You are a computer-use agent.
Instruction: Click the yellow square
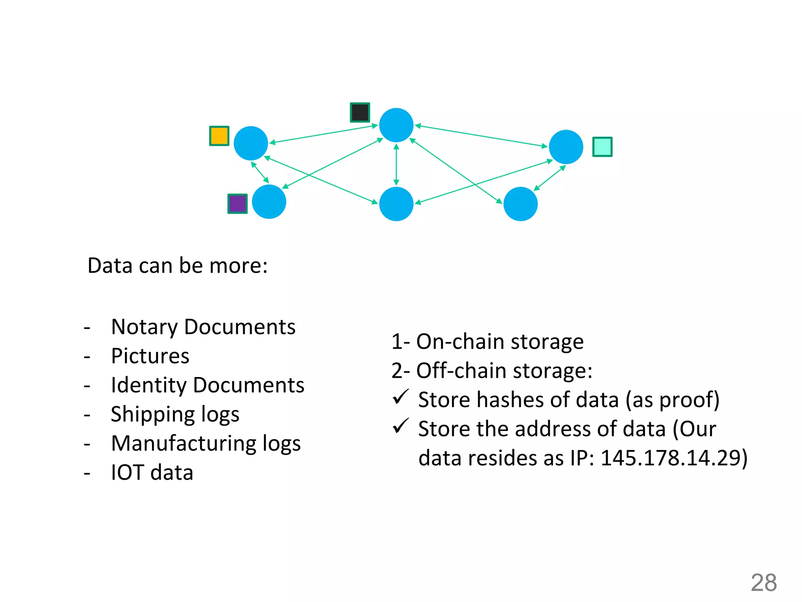coord(219,136)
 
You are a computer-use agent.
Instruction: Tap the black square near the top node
coord(360,112)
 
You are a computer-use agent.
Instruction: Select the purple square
coord(237,204)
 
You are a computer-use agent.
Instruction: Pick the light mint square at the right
coord(602,147)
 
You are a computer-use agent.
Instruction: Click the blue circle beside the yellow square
coord(251,143)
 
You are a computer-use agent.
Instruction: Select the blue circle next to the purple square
coord(269,202)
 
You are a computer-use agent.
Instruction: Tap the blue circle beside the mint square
coord(566,147)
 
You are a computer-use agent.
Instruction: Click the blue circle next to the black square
coord(396,125)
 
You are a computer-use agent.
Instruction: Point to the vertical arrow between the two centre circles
coord(396,165)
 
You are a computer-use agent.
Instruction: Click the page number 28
coord(764,583)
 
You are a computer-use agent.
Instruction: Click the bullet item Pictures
coord(150,356)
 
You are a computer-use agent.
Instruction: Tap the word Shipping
coord(153,415)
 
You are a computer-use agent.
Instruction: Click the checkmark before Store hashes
coord(401,397)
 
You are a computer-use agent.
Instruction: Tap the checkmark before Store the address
coord(401,426)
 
